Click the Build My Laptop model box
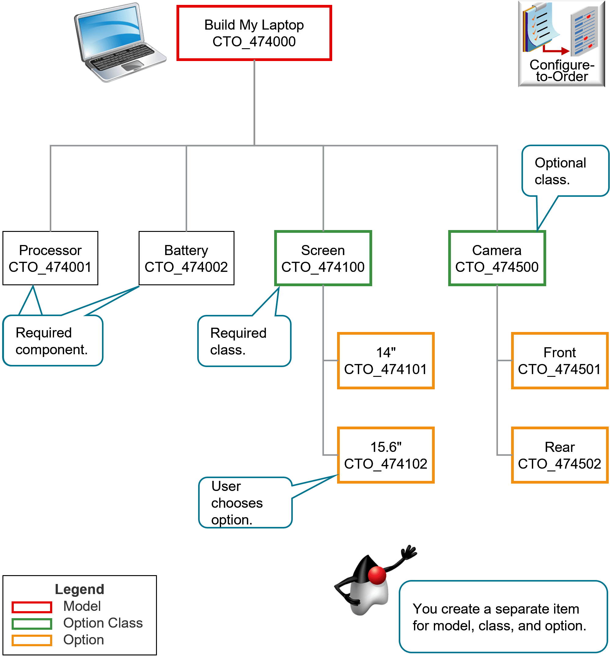pos(254,33)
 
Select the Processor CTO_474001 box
pos(50,258)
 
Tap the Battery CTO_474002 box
pos(186,258)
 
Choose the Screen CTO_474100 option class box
pos(323,258)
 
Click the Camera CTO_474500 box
pos(497,258)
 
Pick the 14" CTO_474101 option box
pos(386,360)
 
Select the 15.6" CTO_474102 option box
pos(386,455)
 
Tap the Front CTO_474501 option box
pos(560,360)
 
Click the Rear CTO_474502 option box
pos(560,455)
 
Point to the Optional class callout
pos(565,171)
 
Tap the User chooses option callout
pos(245,503)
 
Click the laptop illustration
pos(119,43)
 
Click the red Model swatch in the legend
pos(32,607)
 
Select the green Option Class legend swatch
pos(32,624)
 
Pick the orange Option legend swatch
pos(32,640)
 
